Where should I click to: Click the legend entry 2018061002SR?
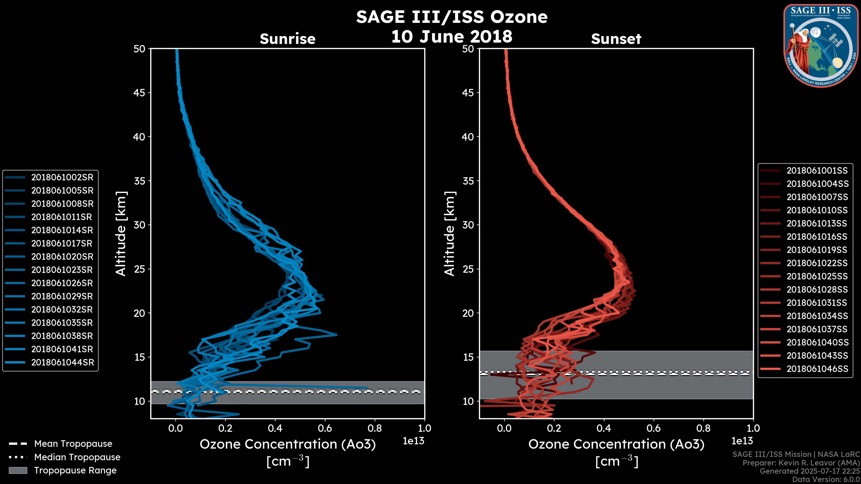click(62, 177)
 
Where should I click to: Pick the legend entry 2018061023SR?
click(62, 270)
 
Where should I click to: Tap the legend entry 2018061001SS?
click(817, 171)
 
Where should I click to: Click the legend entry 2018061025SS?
click(817, 276)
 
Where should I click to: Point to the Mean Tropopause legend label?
click(73, 444)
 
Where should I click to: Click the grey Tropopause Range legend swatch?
click(18, 470)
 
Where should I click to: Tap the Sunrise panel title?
click(287, 39)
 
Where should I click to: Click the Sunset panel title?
click(616, 39)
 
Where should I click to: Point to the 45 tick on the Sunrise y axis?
click(139, 93)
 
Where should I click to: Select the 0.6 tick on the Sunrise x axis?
click(325, 428)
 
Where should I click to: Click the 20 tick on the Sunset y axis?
click(468, 313)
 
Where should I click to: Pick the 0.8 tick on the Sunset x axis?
click(703, 428)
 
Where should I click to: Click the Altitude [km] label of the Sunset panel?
click(450, 233)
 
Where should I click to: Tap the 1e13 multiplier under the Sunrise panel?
click(413, 441)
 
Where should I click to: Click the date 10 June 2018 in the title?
click(452, 36)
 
